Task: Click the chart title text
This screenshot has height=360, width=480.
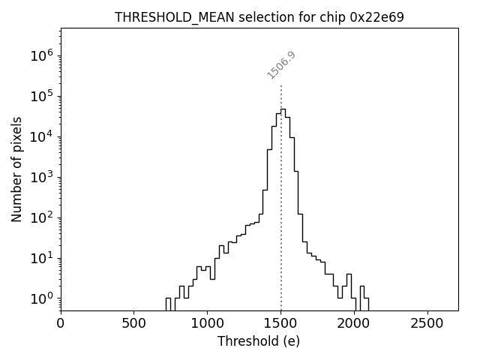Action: point(259,17)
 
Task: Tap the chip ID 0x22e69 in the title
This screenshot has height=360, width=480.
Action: point(377,17)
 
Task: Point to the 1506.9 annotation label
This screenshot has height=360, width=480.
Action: point(281,64)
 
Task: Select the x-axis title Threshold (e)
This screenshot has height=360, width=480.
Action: point(259,341)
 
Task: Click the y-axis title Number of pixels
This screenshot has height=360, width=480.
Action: point(16,169)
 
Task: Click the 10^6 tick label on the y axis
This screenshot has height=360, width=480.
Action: point(42,55)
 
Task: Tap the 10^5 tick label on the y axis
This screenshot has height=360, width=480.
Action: point(42,96)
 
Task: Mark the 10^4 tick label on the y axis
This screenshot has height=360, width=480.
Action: point(42,136)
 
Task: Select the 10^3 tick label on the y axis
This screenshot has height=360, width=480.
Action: point(42,177)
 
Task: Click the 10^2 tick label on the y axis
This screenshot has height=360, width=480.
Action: point(42,217)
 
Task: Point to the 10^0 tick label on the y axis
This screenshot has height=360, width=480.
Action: point(42,298)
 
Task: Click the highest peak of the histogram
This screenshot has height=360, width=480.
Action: point(283,109)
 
